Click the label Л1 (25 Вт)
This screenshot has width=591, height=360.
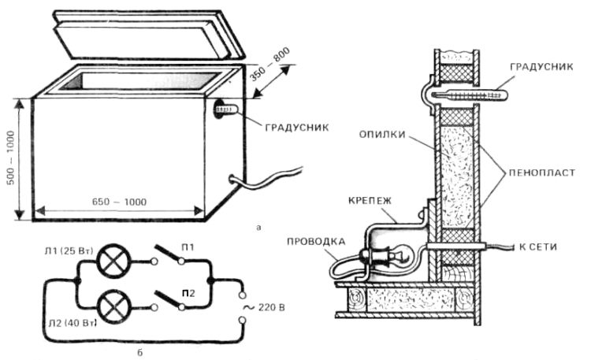(x=66, y=250)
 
